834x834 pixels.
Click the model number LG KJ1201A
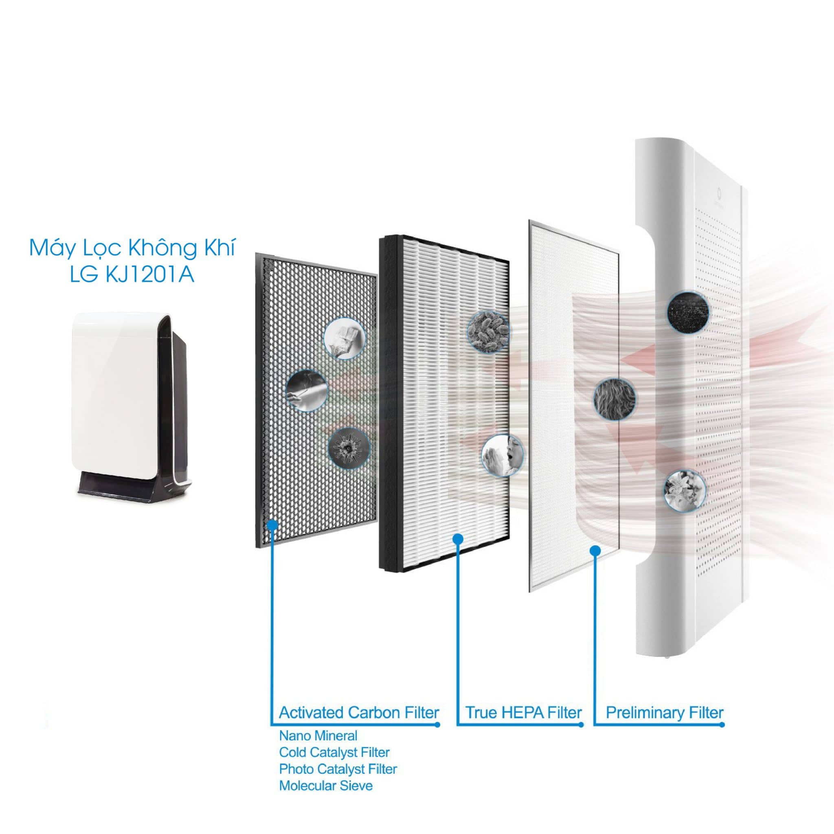click(x=132, y=274)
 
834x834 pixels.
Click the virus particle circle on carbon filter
click(x=349, y=449)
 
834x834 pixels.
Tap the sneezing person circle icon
click(x=503, y=455)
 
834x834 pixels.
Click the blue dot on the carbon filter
click(x=272, y=525)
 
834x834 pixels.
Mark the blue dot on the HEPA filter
click(x=458, y=539)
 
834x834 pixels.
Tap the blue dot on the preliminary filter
click(x=595, y=551)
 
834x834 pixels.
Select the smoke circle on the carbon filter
click(x=307, y=390)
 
